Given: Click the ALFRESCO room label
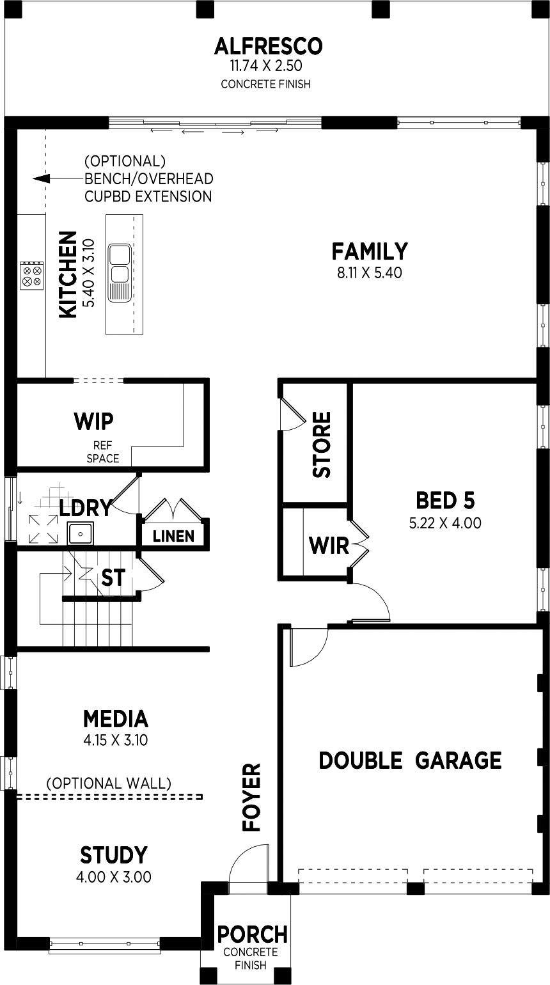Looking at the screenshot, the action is coord(268,47).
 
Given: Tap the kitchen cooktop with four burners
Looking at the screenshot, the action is coord(31,275).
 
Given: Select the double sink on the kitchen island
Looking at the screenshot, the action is coord(120,273).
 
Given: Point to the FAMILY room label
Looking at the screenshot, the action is coord(370,251).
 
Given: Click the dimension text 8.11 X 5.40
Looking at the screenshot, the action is coord(370,273).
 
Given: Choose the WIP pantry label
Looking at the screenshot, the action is coord(93,422).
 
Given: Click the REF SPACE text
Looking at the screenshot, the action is coord(102,452).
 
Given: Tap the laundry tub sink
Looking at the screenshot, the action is coord(81,533).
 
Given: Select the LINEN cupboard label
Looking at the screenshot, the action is coord(174,536).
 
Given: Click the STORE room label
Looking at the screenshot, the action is coord(322,444).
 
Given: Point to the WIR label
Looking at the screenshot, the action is coord(329,546).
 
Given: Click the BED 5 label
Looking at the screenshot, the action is coord(445,500).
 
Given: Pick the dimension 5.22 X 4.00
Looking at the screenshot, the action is coord(445,523).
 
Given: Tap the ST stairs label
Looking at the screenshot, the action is coord(113,578).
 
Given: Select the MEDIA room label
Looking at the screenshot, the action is coord(116,719).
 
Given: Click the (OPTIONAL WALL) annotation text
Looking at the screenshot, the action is coord(109,783).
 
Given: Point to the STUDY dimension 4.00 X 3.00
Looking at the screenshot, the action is coord(114,877).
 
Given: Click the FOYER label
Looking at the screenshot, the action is coord(252,797).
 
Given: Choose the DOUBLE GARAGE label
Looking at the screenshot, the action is coord(410,760).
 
